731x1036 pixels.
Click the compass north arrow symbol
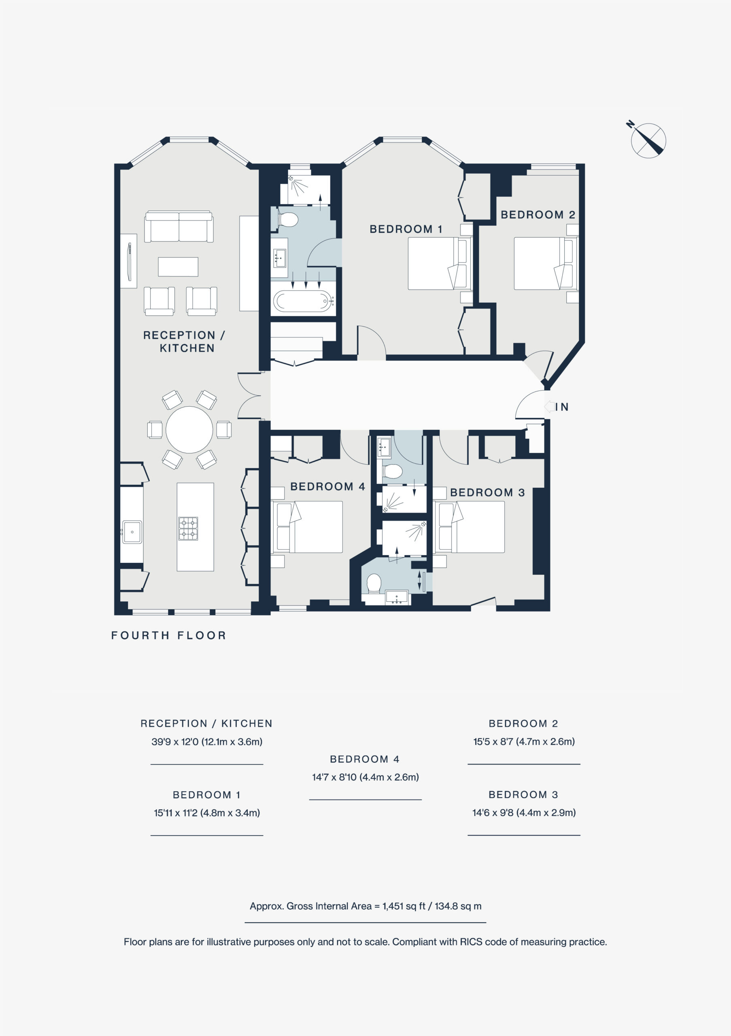click(x=648, y=140)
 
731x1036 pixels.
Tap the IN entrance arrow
click(x=549, y=407)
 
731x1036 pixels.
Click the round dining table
click(x=189, y=429)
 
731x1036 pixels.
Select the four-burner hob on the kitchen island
click(x=188, y=529)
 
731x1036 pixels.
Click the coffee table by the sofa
click(x=178, y=267)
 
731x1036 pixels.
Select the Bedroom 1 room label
click(x=406, y=229)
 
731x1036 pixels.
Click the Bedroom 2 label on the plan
click(x=538, y=215)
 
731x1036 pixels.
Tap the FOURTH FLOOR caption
click(x=169, y=635)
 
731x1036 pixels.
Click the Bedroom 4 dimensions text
click(x=365, y=777)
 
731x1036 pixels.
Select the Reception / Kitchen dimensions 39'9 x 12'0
click(x=207, y=741)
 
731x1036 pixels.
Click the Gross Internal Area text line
click(x=365, y=906)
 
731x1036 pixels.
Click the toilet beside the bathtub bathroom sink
click(x=288, y=220)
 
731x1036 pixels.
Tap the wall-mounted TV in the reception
click(x=130, y=261)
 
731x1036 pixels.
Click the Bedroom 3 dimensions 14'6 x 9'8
click(x=524, y=813)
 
